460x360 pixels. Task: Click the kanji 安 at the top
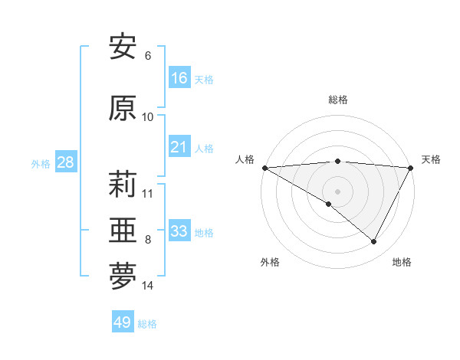point(123,47)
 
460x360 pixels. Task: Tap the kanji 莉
point(123,185)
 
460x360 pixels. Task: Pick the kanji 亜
point(123,231)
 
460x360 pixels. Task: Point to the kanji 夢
point(123,277)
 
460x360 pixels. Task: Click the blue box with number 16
point(179,78)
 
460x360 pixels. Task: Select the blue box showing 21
point(179,147)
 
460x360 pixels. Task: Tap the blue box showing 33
point(179,231)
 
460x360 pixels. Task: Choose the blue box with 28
point(65,162)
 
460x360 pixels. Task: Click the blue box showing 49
point(123,322)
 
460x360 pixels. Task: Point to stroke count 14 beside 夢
point(148,286)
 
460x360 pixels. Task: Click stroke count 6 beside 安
point(148,55)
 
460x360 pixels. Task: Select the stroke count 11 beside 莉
point(148,193)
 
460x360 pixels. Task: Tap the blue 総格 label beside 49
point(147,324)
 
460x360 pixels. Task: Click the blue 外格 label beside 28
point(41,163)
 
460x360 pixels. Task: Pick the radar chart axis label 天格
point(431,159)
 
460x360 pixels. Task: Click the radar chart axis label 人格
point(245,159)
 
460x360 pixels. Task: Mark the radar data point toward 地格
point(374,241)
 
